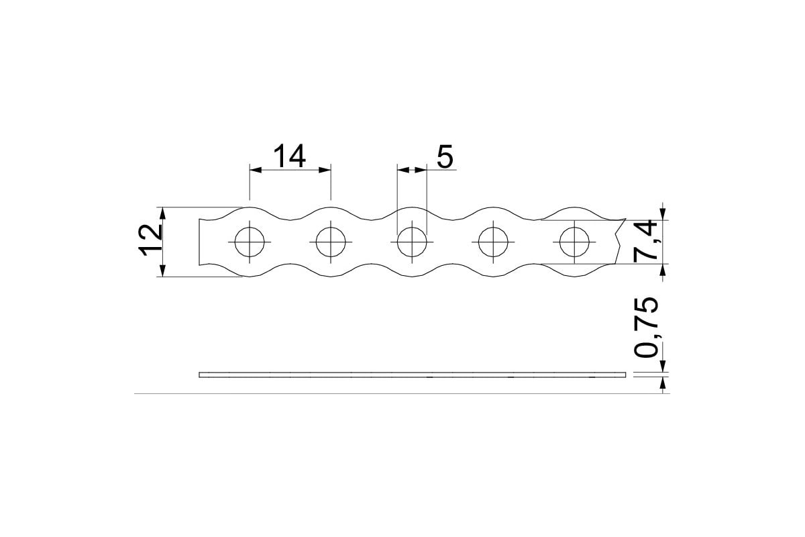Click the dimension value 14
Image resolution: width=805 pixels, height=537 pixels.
(x=289, y=156)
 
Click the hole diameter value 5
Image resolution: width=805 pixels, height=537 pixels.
(x=445, y=157)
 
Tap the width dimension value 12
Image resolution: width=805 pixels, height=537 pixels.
(x=150, y=240)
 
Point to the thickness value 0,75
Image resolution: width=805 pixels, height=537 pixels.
(x=646, y=328)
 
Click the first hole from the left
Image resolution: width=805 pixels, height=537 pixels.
(x=250, y=242)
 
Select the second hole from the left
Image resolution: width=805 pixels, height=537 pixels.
(x=331, y=242)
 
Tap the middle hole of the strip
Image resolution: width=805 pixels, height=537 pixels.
(x=412, y=242)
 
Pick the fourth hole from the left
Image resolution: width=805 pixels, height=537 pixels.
(x=493, y=242)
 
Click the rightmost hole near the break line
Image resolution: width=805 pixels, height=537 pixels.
(x=574, y=242)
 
